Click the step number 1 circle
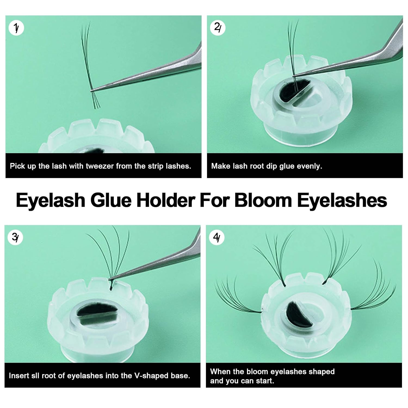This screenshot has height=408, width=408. (x=16, y=28)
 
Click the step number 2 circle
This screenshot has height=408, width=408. (x=218, y=27)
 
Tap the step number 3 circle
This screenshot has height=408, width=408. (x=16, y=237)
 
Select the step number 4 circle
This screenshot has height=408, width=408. (x=217, y=237)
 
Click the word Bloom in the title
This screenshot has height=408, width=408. (x=263, y=200)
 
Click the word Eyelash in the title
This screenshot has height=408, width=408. (x=51, y=200)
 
